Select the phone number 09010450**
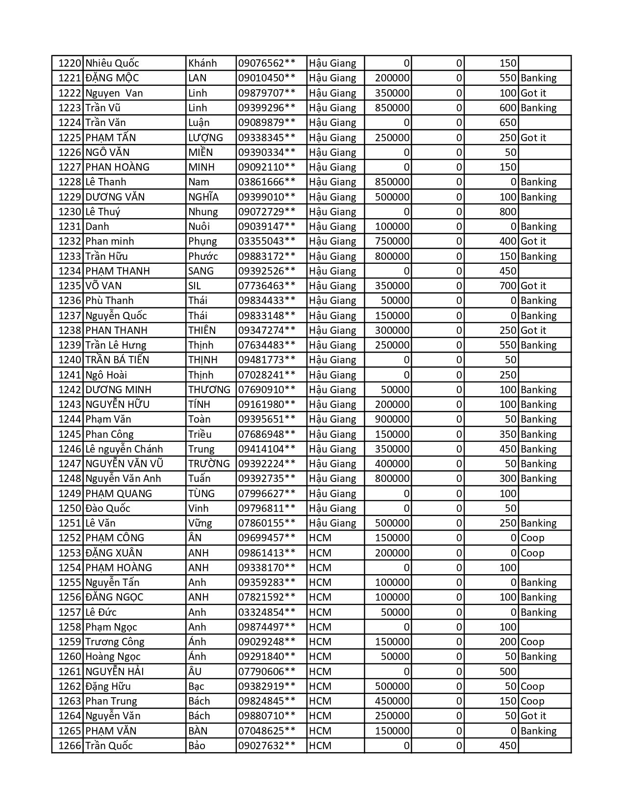click(267, 78)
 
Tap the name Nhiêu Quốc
click(112, 63)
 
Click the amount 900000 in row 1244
click(392, 419)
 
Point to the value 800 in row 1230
click(508, 212)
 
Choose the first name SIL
click(195, 286)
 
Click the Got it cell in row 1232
click(533, 241)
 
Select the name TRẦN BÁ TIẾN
click(117, 360)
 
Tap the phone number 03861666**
click(267, 182)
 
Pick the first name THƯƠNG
click(209, 390)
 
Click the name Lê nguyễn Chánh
click(124, 449)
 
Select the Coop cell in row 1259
click(532, 642)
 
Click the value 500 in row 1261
click(508, 672)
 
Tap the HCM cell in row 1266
click(321, 746)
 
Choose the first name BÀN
click(198, 731)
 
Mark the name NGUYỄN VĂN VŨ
click(124, 464)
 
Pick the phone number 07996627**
click(267, 494)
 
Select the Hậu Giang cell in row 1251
click(333, 523)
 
